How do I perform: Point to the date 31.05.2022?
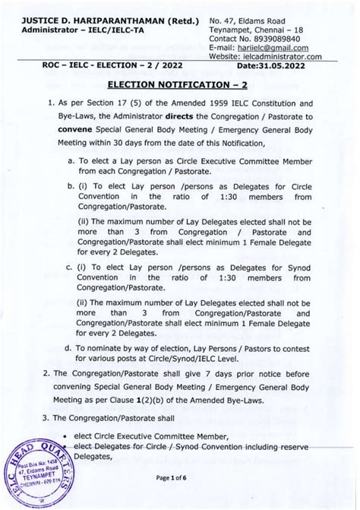coord(301,74)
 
